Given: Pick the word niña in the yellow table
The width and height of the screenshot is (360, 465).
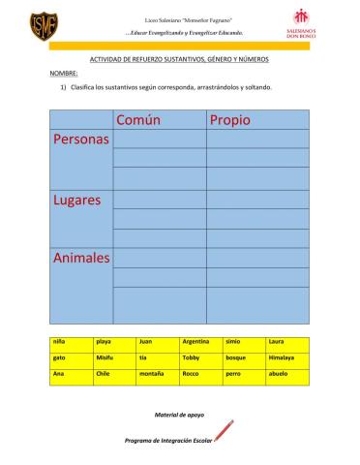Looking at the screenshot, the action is coord(60,342).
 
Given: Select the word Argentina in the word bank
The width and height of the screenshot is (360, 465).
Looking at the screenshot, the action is coord(196,342).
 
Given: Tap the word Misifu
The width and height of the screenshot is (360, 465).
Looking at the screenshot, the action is coord(105,357).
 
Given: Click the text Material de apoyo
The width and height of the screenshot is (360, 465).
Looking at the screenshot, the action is coord(179,415).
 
